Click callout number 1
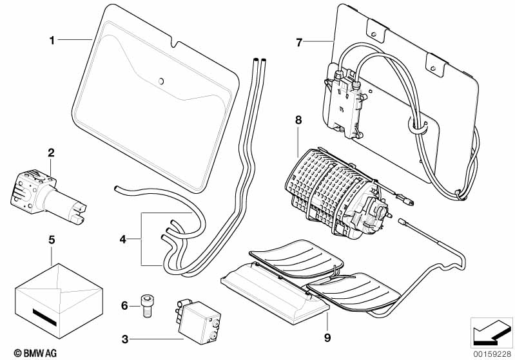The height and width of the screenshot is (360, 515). [x=52, y=41]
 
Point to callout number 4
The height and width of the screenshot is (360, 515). [x=123, y=240]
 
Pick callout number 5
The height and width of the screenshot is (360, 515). [x=52, y=240]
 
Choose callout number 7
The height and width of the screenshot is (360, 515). [x=298, y=43]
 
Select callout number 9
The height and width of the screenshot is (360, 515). [x=328, y=337]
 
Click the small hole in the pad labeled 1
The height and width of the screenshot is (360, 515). [x=161, y=82]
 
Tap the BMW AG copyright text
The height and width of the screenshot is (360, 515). [x=23, y=353]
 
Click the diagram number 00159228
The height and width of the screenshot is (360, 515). [x=493, y=352]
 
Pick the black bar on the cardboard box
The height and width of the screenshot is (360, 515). [x=45, y=318]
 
